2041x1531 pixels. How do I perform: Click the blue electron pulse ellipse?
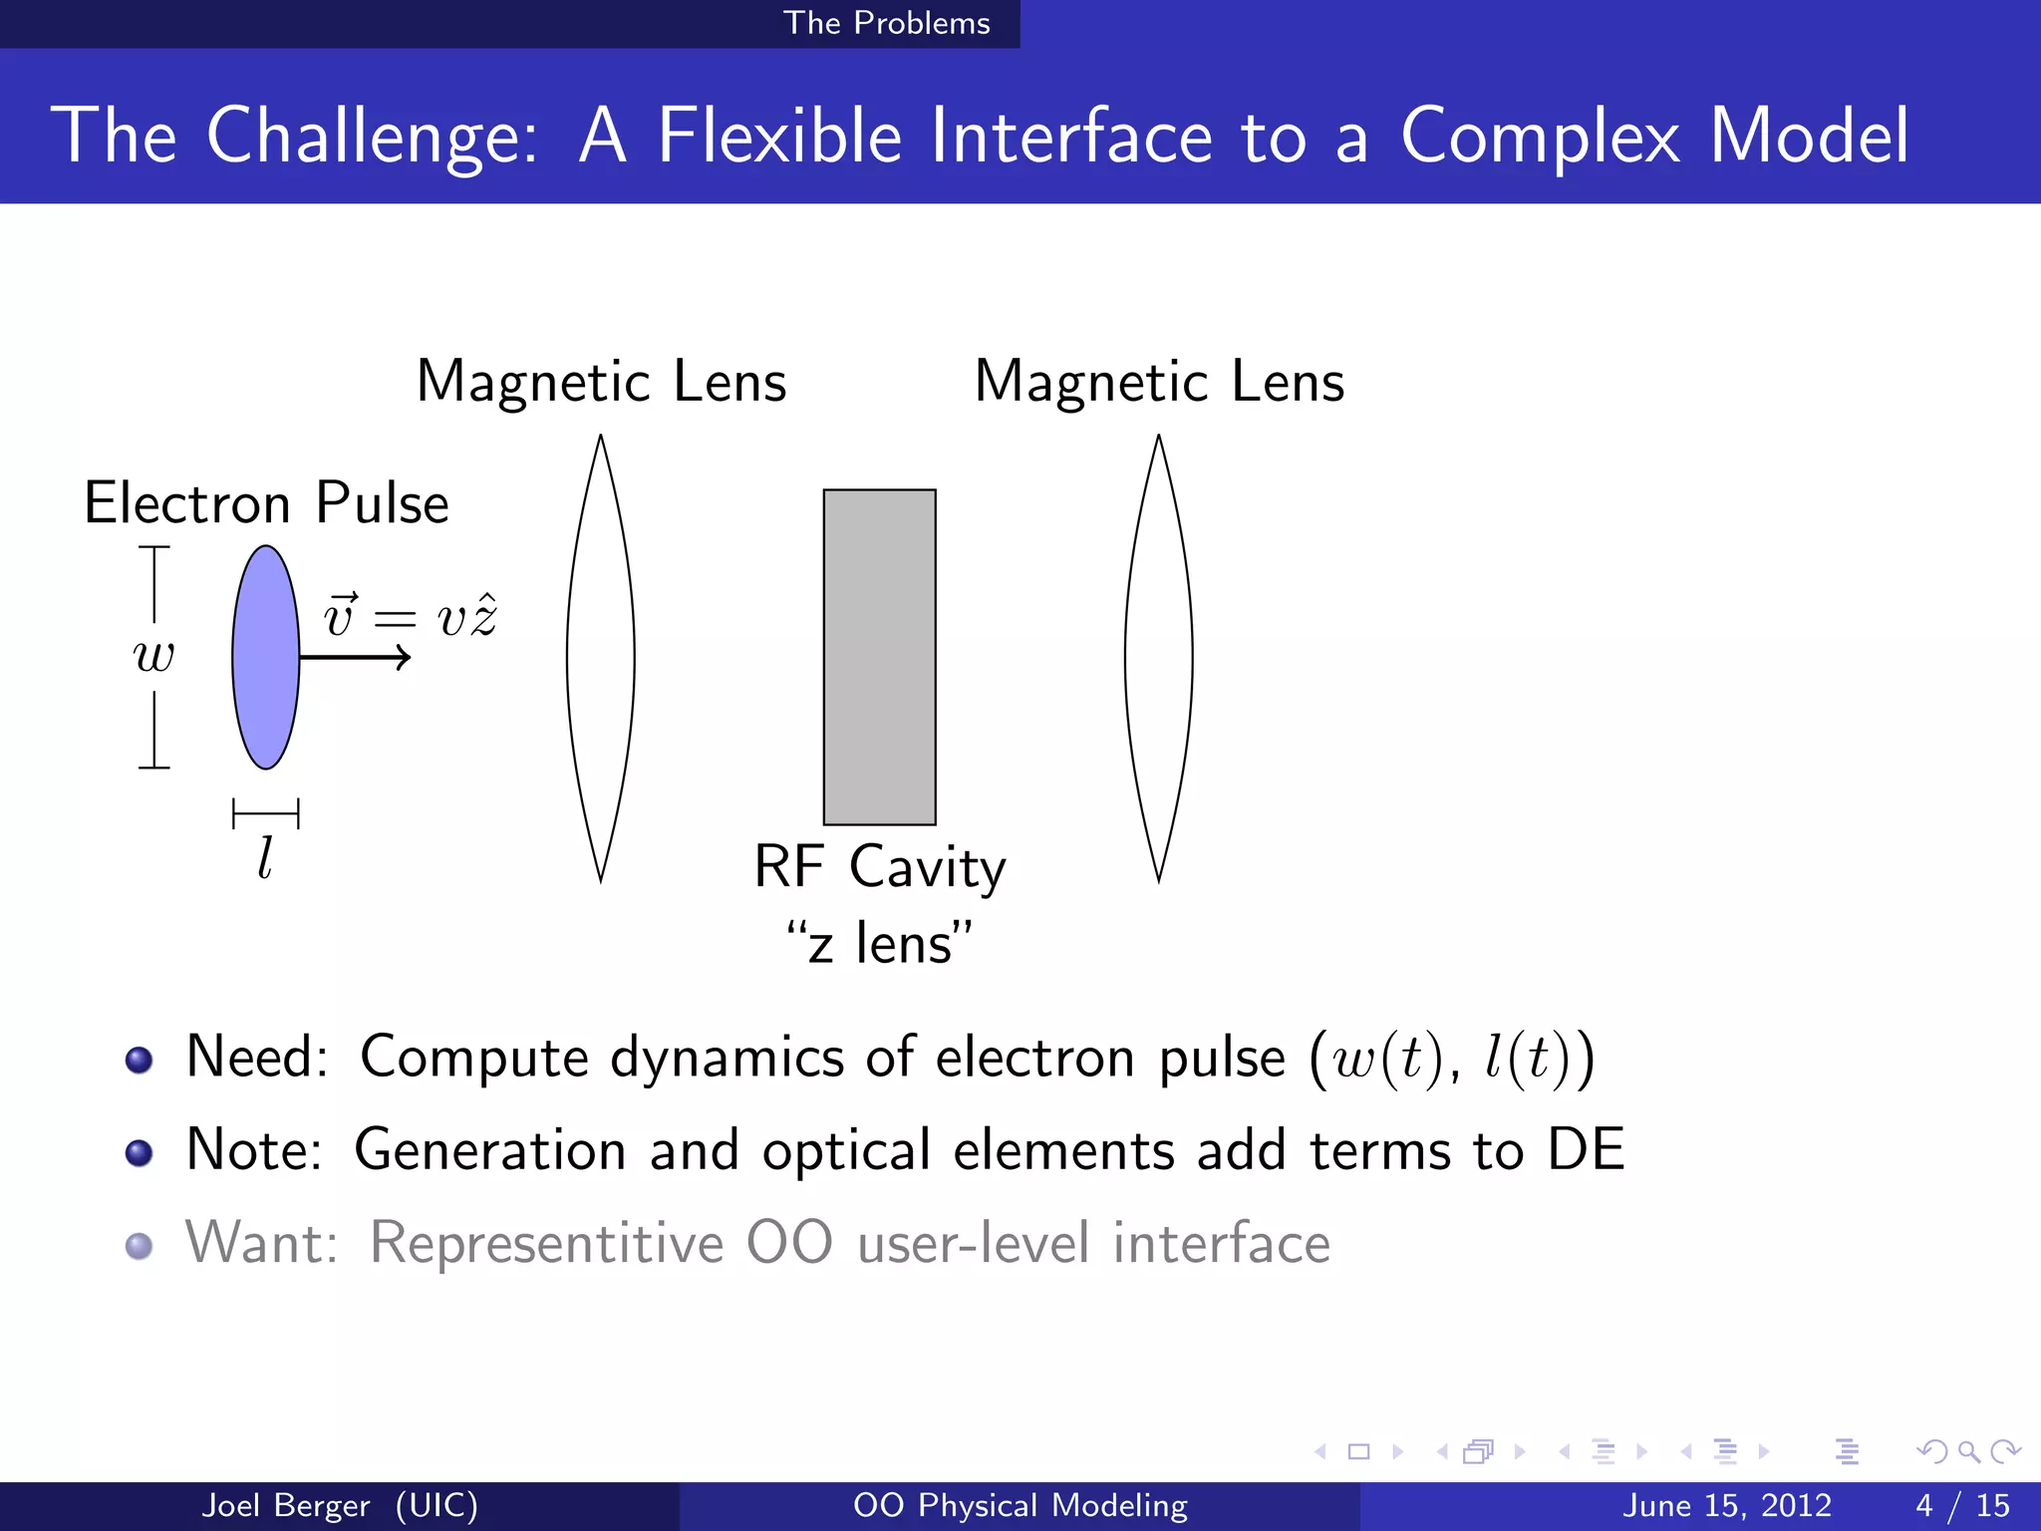[x=265, y=658]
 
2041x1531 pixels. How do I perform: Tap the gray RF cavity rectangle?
[x=879, y=657]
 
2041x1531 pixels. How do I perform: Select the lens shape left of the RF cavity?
[x=600, y=658]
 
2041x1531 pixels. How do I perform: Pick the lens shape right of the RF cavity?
[x=1158, y=658]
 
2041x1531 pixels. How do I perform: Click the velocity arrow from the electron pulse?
[x=355, y=657]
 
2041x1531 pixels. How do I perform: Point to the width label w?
[x=154, y=656]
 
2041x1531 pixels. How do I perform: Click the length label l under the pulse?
[x=265, y=857]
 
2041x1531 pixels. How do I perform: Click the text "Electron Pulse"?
[x=267, y=502]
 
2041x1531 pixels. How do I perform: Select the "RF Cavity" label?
[x=879, y=866]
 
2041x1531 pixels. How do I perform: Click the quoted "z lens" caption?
[x=879, y=943]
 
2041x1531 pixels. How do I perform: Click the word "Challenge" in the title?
[x=372, y=136]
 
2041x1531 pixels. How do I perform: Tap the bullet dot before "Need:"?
[x=140, y=1059]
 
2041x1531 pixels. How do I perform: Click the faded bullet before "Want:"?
[x=140, y=1245]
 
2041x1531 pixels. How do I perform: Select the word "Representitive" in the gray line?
[x=546, y=1243]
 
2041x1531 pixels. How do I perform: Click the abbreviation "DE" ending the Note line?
[x=1586, y=1149]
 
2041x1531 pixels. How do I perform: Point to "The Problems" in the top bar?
[x=886, y=23]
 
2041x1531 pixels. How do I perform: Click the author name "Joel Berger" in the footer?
[x=286, y=1505]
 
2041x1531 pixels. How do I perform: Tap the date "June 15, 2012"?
[x=1727, y=1505]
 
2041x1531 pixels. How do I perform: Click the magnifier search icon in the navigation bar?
[x=1968, y=1451]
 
